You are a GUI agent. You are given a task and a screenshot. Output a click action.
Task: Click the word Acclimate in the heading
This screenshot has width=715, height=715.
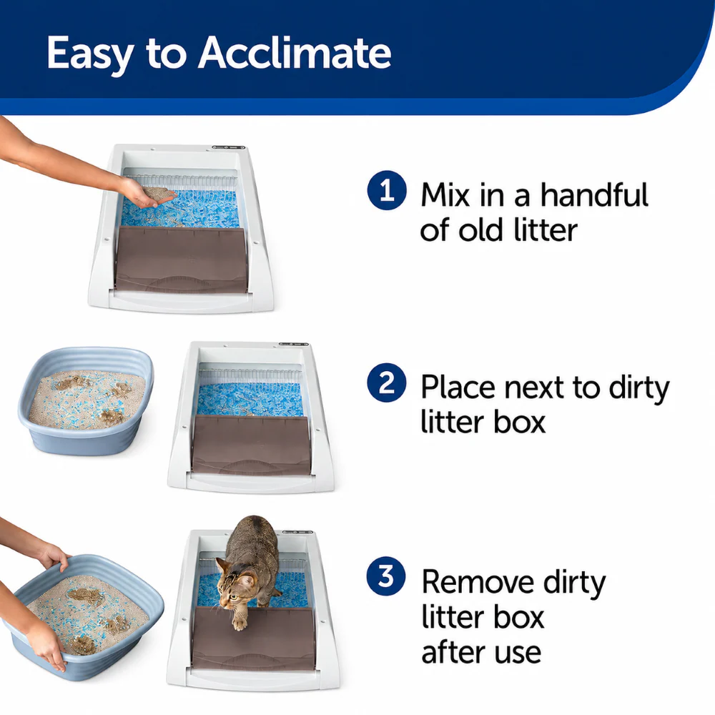(x=294, y=52)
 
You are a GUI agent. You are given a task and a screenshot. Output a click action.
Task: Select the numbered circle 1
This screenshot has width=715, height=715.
(x=387, y=190)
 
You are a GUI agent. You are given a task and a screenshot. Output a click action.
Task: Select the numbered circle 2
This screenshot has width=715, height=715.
(x=387, y=383)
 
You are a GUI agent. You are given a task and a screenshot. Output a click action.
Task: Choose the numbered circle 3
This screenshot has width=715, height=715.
(x=386, y=576)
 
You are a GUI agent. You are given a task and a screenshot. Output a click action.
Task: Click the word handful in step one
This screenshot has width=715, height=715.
(x=594, y=194)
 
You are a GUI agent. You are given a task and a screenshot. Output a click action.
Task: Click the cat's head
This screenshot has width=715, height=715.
(x=235, y=584)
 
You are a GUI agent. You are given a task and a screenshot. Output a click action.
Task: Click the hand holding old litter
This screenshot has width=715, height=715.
(x=147, y=194)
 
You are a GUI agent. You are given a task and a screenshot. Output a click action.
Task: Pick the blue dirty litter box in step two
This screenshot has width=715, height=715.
(x=87, y=401)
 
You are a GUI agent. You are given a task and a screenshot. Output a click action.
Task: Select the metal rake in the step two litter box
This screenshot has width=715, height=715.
(x=250, y=376)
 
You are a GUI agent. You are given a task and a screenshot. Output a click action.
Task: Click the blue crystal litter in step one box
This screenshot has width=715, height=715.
(x=180, y=208)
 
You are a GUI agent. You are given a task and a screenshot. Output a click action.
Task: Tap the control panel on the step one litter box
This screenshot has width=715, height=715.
(x=229, y=147)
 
